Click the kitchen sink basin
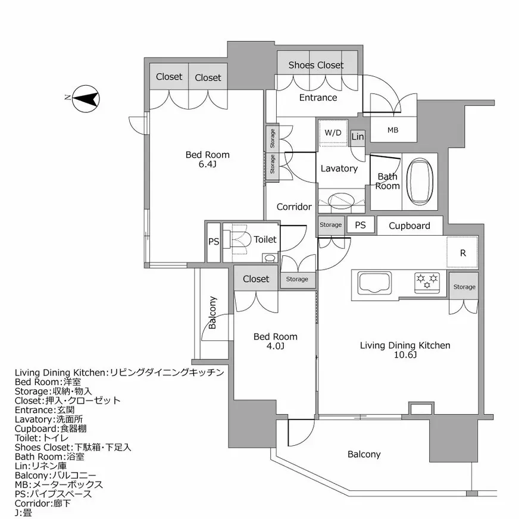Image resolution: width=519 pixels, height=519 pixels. point(374,282)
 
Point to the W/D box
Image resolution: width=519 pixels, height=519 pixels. point(333,133)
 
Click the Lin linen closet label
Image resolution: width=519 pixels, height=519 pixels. point(358,137)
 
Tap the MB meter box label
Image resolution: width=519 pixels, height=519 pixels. point(393,130)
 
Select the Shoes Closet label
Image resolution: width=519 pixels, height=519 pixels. point(316,65)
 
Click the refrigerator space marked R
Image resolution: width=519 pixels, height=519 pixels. point(462,252)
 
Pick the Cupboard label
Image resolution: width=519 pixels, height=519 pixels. point(409,226)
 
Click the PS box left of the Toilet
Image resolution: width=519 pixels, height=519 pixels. point(213,242)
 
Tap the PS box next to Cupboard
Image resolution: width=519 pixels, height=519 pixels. point(361,225)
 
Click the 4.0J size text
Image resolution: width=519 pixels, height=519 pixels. point(275,346)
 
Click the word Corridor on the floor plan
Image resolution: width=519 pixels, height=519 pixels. point(294,207)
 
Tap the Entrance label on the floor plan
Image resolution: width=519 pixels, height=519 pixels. point(318,98)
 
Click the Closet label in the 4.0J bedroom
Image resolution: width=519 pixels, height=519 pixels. point(256,279)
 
